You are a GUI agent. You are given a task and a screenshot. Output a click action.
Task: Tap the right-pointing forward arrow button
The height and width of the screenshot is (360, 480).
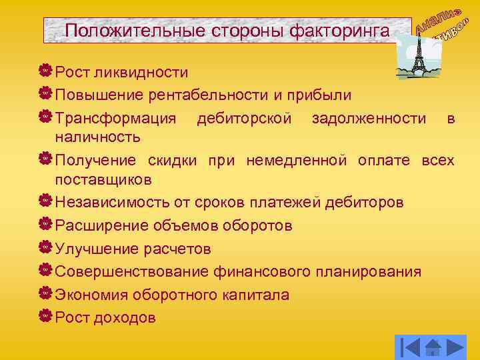tap(455, 347)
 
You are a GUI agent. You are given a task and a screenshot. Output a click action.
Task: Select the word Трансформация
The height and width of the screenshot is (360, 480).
tap(116, 119)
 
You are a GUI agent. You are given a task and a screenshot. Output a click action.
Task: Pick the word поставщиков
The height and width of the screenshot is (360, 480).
tap(103, 179)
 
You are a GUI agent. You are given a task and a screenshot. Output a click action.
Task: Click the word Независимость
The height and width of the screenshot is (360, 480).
tap(110, 202)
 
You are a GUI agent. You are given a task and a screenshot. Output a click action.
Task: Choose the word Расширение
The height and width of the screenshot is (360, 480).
tap(98, 225)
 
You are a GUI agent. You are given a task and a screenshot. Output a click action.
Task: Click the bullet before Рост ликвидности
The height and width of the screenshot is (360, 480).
tap(45, 71)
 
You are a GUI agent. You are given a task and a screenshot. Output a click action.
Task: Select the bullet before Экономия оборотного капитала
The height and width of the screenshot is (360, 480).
tap(45, 294)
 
